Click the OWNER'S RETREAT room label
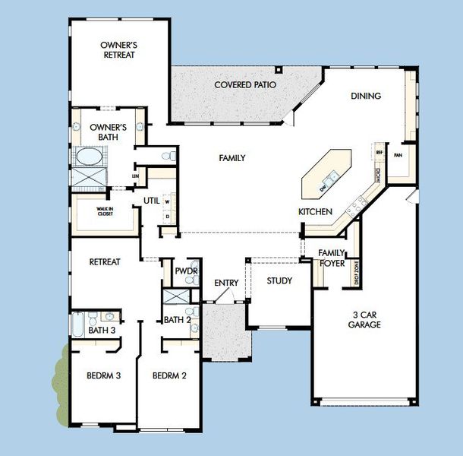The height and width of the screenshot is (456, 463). tap(118, 50)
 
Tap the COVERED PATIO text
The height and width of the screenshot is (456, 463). tap(244, 85)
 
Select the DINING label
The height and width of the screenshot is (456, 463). tap(365, 97)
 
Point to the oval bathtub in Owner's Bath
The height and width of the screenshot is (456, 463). tap(90, 158)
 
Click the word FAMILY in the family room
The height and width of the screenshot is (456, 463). tap(231, 158)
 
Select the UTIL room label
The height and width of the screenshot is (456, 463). tap(151, 201)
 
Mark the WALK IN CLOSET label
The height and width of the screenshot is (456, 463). tap(105, 211)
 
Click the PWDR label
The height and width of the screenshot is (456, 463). tap(186, 271)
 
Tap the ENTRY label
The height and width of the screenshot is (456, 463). tap(226, 283)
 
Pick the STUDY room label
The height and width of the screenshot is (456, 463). tap(279, 281)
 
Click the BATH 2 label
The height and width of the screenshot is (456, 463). tap(178, 320)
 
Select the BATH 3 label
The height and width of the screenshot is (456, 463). tap(102, 331)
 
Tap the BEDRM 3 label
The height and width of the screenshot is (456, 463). tap(104, 375)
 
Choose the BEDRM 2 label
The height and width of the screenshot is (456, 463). tap(169, 375)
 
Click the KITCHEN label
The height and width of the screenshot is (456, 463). tap(315, 211)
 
